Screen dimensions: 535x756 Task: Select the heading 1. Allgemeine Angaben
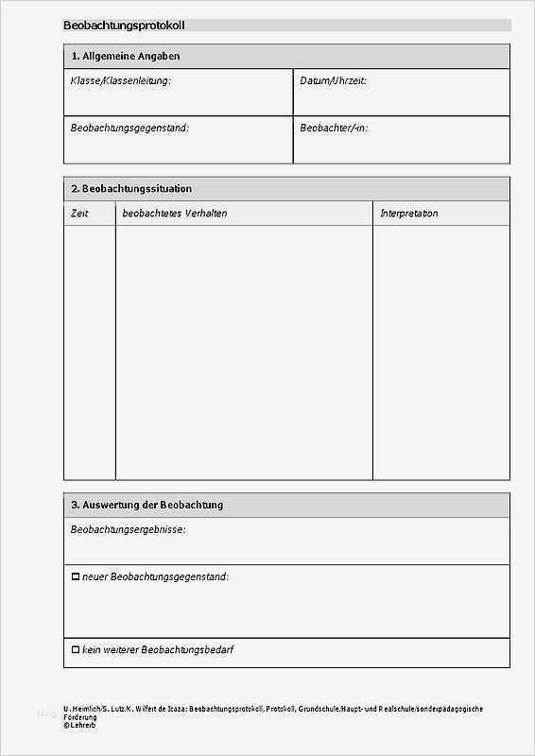coord(126,57)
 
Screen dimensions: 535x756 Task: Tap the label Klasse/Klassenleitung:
coord(121,81)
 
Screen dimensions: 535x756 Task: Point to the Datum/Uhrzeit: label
coord(333,81)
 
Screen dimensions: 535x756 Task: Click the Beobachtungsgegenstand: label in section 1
coord(129,128)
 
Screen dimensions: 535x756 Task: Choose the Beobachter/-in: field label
coord(334,128)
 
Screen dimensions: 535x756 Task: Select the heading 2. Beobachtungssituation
coord(131,189)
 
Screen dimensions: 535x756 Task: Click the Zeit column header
coord(79,214)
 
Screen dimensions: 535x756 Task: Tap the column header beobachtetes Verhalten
coord(175,214)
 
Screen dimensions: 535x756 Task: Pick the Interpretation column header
coord(409,214)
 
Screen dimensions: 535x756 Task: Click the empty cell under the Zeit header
coord(89,350)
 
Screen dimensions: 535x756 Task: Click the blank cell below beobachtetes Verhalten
coord(244,350)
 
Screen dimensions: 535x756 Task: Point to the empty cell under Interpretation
coord(440,350)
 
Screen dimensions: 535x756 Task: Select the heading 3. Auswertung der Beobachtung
coord(147,506)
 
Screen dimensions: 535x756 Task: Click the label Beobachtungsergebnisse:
coord(128,530)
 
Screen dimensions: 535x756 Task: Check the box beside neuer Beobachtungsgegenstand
coord(76,576)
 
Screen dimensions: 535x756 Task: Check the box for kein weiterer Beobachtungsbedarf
coord(76,650)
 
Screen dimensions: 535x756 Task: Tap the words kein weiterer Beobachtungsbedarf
coord(159,650)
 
